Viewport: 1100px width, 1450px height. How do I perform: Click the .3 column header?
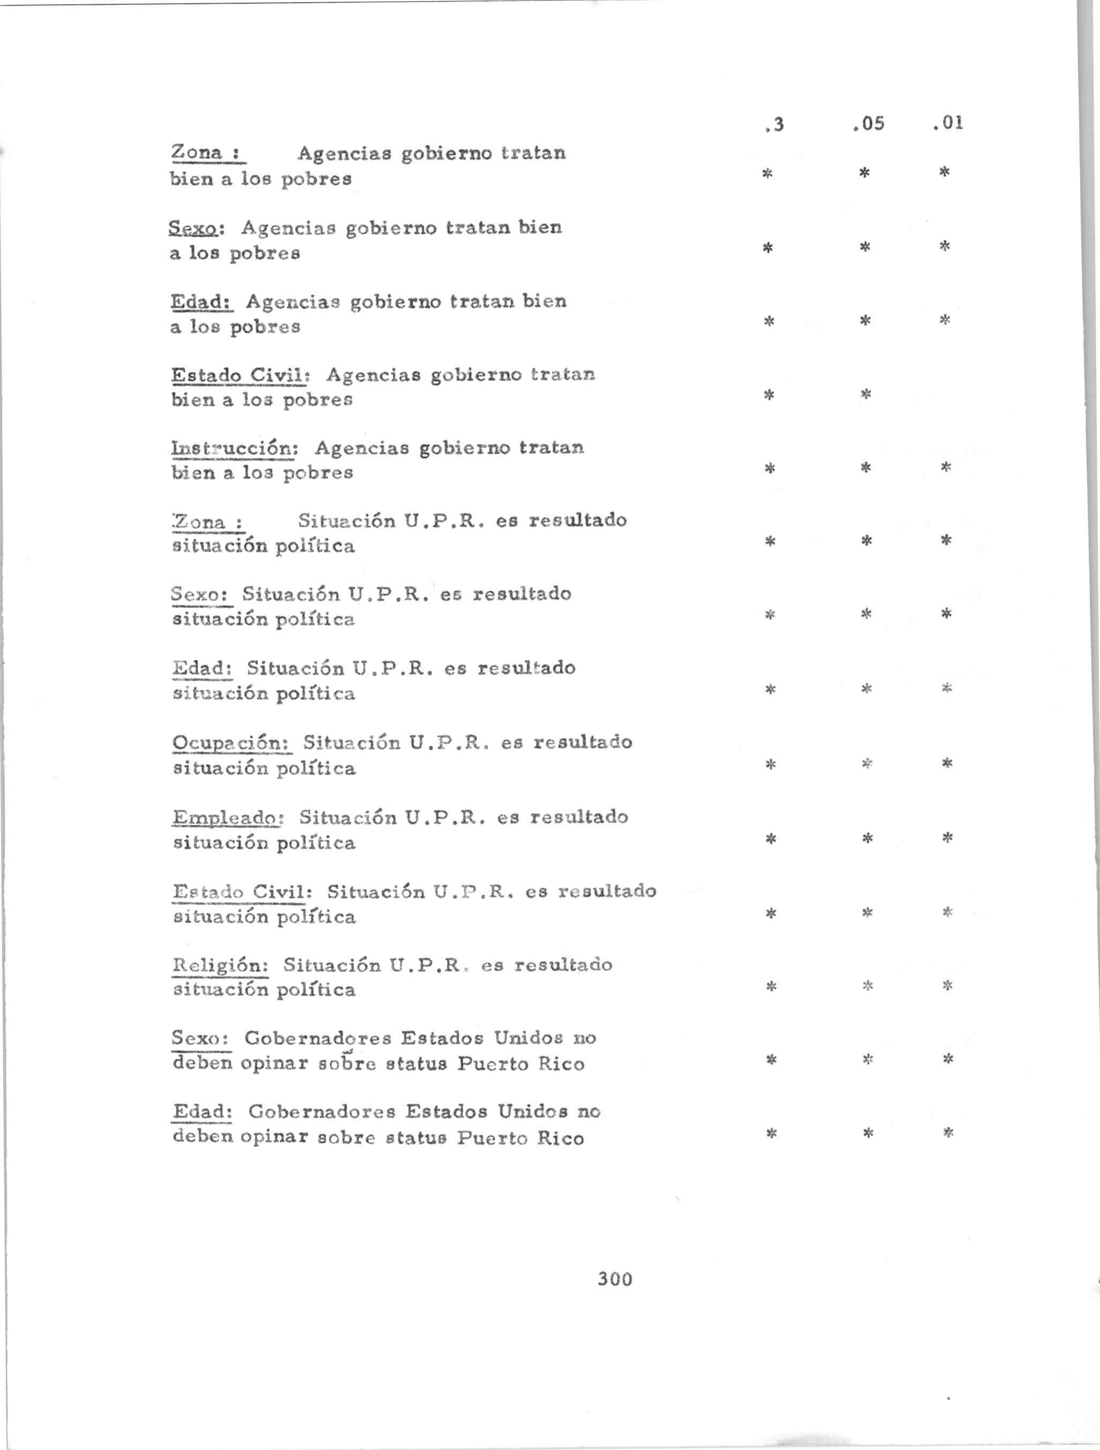pos(774,124)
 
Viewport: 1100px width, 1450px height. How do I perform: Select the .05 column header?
pos(869,123)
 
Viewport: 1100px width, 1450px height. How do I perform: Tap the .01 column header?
pos(948,123)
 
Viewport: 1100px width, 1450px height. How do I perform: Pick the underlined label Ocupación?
pos(231,743)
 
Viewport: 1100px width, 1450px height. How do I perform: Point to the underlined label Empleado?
pos(228,818)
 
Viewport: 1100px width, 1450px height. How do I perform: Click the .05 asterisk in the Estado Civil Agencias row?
pos(865,395)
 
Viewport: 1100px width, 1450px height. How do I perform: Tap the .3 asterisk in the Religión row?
pos(771,986)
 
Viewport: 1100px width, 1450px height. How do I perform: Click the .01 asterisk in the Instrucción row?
pos(945,467)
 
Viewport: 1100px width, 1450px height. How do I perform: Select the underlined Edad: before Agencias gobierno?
pos(202,302)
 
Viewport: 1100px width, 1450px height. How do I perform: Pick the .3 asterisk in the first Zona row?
pos(767,173)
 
